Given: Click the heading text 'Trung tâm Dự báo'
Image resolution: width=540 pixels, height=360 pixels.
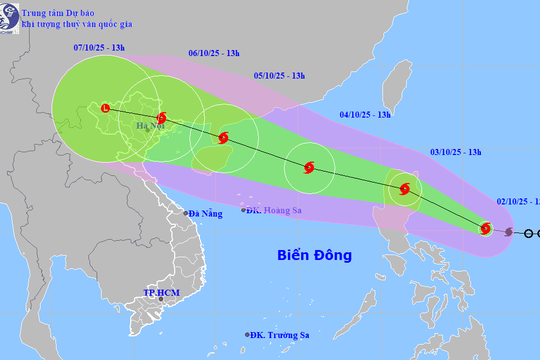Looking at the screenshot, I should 67,10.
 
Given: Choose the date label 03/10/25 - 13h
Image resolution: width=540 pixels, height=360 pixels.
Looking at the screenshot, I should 455,152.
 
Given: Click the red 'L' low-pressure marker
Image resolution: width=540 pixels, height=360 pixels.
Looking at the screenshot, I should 105,106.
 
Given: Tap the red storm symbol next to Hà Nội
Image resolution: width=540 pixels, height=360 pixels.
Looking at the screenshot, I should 163,118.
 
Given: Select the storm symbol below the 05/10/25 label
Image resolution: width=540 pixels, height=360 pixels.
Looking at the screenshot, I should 224,139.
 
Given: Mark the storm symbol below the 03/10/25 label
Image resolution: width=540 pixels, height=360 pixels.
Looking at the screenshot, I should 404,189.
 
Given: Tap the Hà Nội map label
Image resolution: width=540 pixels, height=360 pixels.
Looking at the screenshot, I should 145,127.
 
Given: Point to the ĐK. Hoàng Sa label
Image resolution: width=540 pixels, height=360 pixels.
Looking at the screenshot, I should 278,210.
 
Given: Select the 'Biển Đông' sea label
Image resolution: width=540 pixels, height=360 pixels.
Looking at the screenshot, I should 315,255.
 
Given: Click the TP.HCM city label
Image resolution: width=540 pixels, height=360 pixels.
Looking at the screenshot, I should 161,293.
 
